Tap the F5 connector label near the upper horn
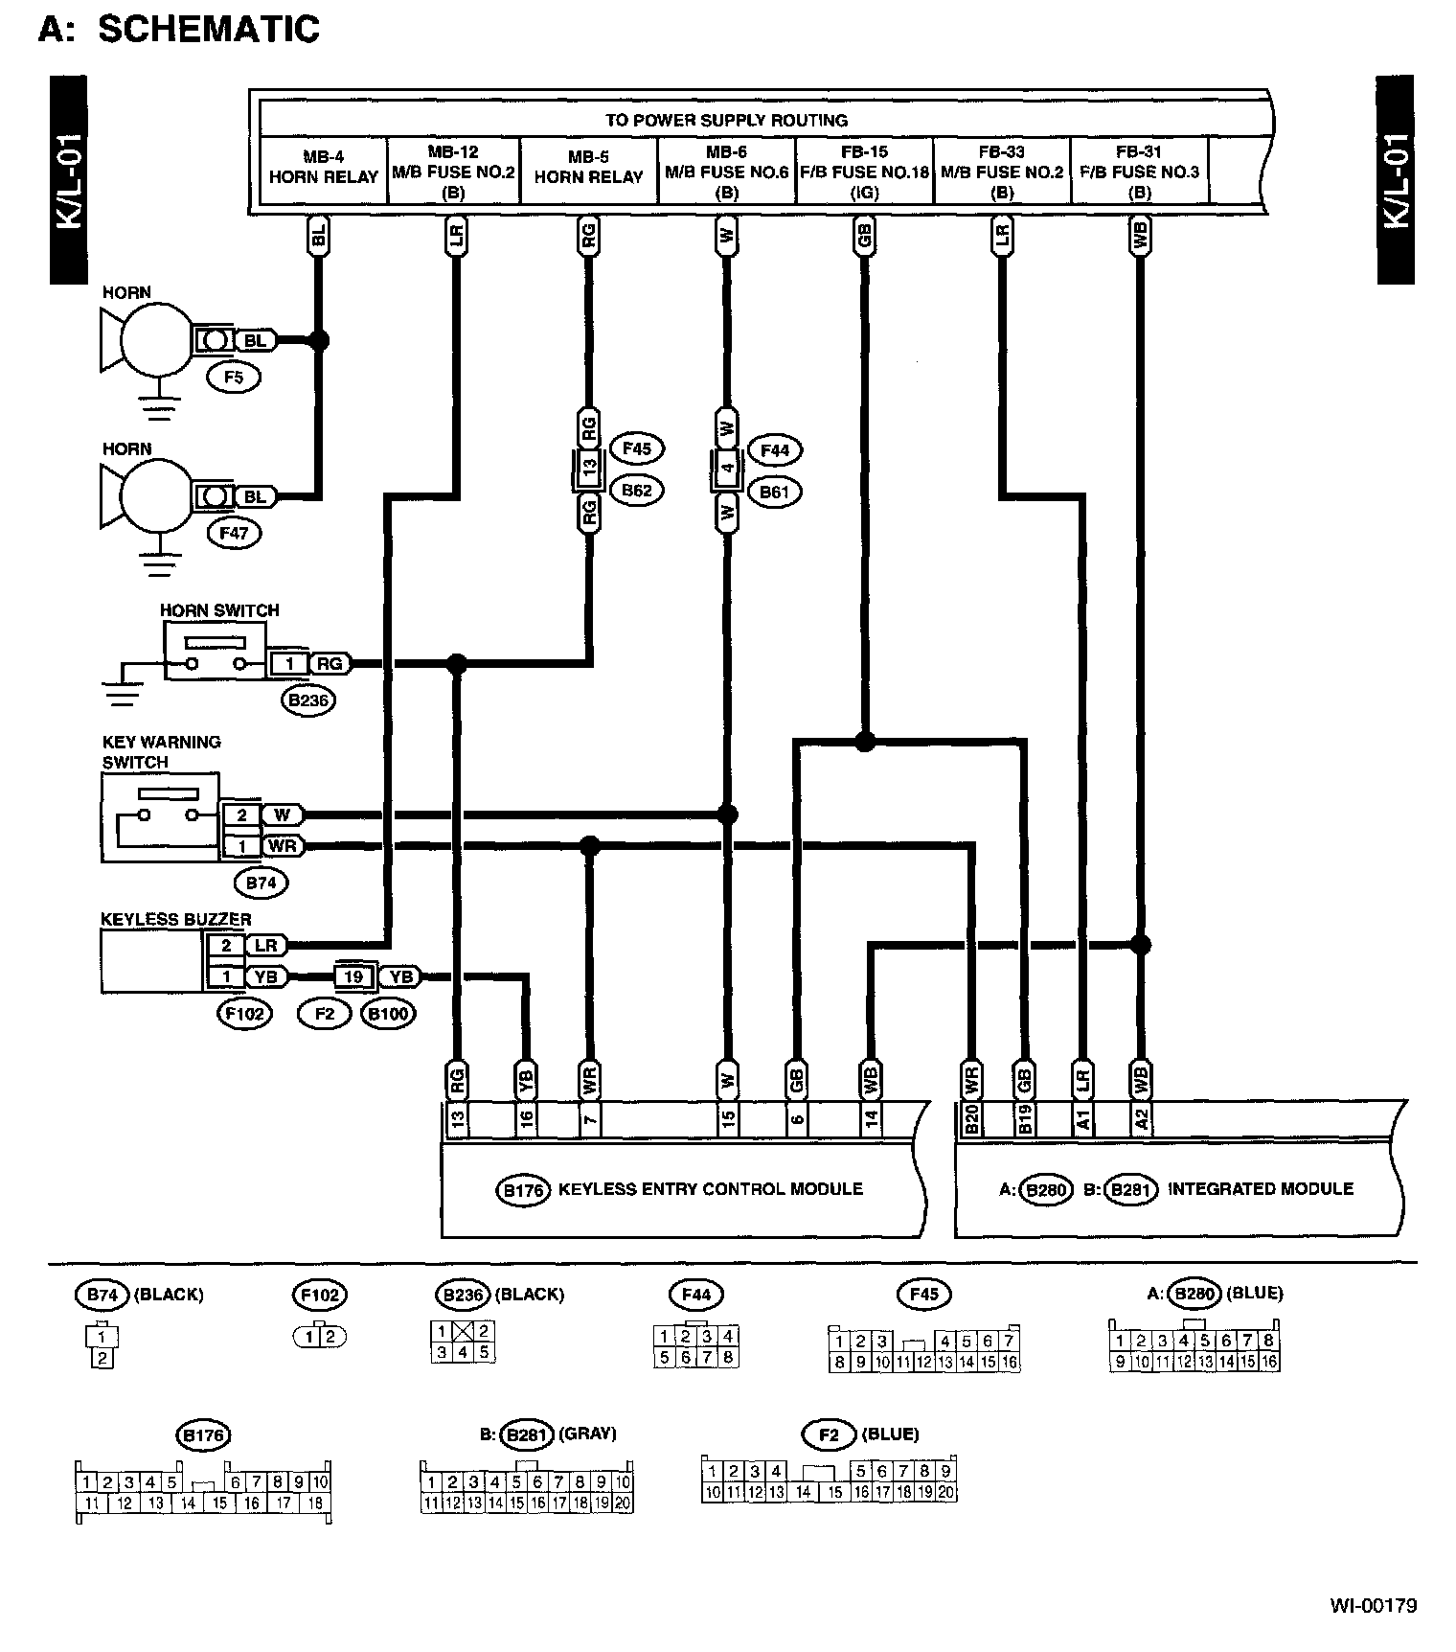[234, 377]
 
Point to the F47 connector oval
[234, 533]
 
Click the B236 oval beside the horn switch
[308, 700]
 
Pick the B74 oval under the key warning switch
[261, 883]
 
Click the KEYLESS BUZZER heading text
[176, 919]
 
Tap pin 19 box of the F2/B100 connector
[353, 976]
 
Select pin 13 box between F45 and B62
[589, 467]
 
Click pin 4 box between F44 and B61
[728, 469]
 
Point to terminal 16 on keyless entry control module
[526, 1119]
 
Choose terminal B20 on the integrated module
[970, 1119]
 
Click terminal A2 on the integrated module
[1140, 1119]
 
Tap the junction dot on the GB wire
[865, 741]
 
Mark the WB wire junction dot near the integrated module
[1140, 945]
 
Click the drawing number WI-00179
[1373, 1605]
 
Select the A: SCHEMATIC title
[178, 28]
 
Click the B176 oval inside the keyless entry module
[523, 1190]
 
